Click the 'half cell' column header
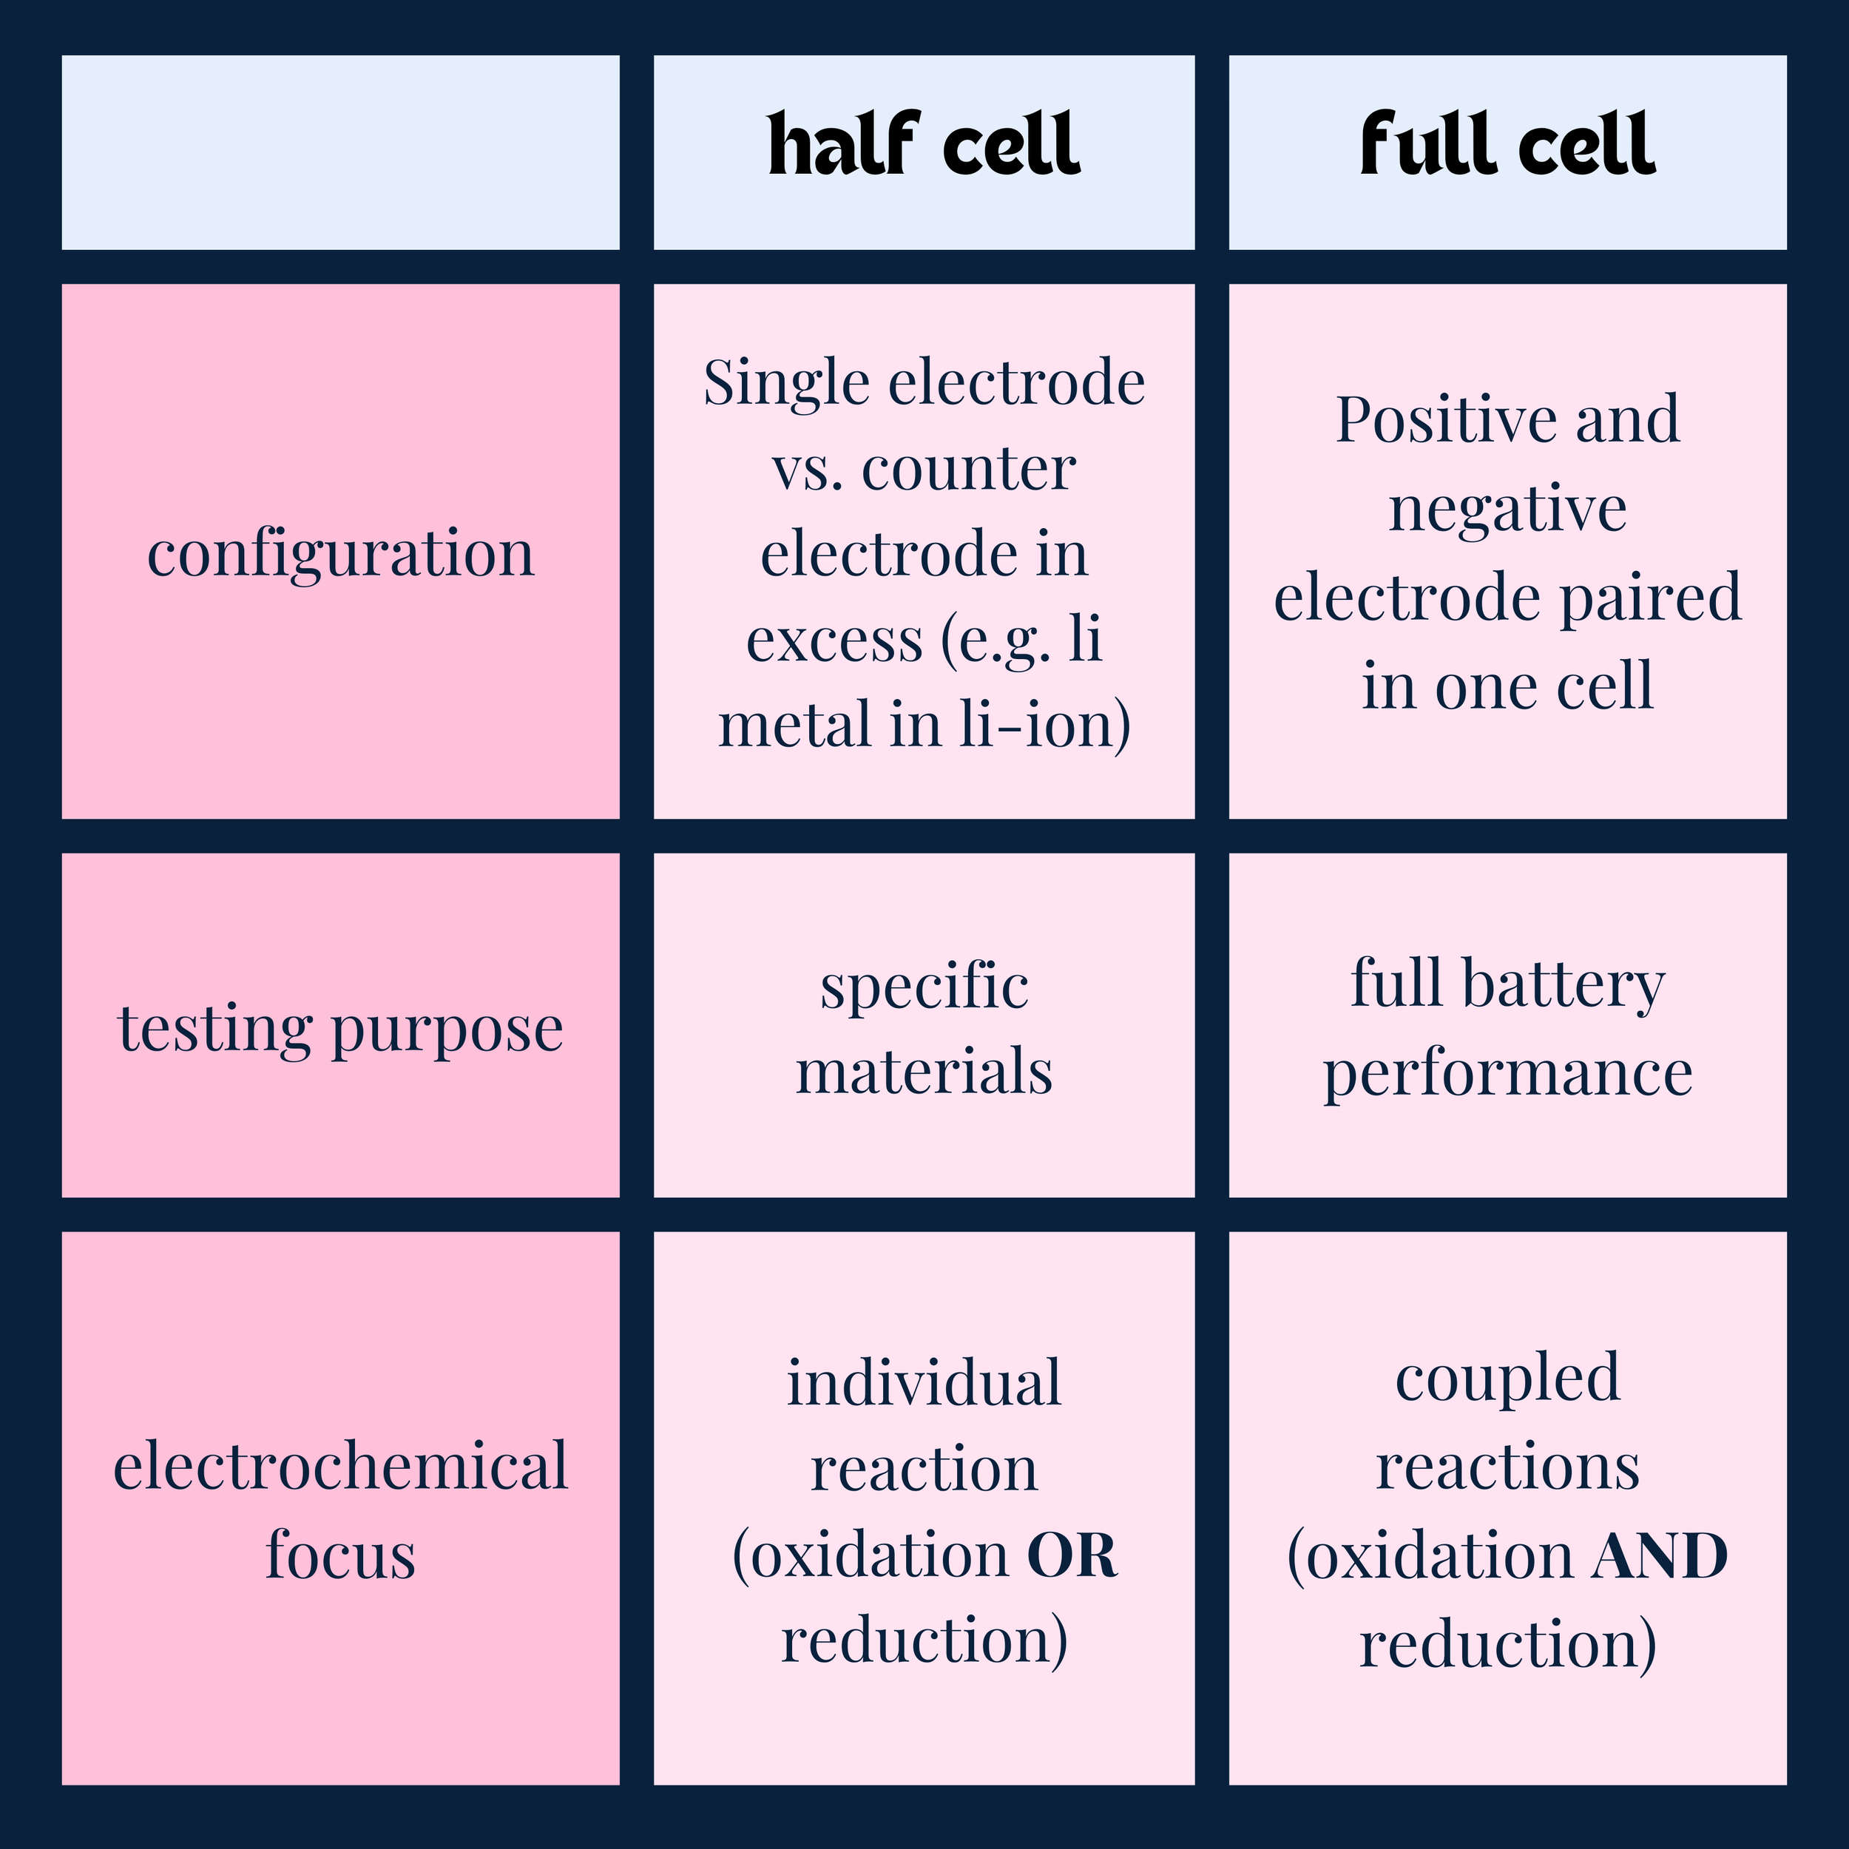click(924, 146)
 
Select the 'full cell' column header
click(1507, 146)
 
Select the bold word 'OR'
click(1071, 1555)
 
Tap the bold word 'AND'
click(1660, 1555)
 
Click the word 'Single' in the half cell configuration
click(788, 385)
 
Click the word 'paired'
click(1650, 597)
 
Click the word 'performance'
click(1507, 1074)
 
